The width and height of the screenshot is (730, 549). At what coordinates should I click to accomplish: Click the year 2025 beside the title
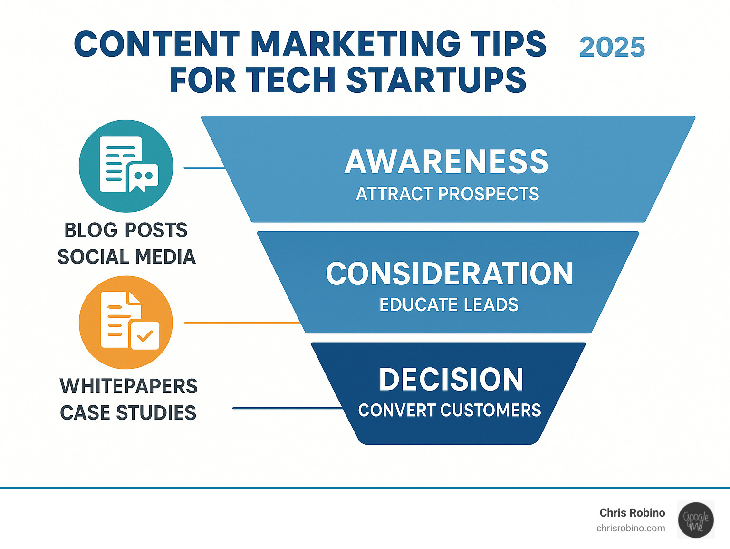612,48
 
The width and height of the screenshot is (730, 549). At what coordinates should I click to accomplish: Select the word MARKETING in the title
355,44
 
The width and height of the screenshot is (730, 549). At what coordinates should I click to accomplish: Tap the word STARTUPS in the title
436,80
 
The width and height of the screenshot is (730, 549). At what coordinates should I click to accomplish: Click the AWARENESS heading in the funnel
447,162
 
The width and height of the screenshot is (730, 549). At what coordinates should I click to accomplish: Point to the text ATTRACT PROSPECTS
447,194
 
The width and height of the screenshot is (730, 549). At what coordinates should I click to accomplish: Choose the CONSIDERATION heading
450,274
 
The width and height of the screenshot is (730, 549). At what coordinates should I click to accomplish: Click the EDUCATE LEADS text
449,305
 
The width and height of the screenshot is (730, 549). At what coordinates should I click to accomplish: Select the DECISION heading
451,380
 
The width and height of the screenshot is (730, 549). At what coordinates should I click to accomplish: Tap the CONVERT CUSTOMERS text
450,410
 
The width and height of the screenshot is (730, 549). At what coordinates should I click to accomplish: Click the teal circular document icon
126,166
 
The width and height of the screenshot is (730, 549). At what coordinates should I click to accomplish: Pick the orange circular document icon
126,323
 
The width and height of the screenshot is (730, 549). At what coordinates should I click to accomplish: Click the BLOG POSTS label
126,231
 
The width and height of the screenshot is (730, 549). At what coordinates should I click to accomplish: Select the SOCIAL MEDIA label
126,257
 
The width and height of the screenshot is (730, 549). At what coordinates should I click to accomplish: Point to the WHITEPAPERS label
128,386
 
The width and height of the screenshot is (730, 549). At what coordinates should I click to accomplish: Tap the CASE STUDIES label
128,413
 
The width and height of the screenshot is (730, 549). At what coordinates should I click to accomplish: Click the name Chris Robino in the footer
632,513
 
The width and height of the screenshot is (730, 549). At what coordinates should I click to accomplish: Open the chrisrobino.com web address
631,529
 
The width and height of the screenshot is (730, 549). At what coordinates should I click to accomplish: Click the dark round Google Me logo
696,520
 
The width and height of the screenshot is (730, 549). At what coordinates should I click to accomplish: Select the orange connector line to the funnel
242,323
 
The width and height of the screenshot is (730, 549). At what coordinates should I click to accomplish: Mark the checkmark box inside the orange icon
145,336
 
